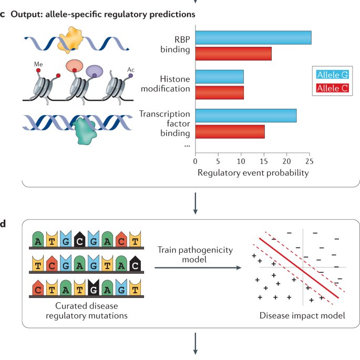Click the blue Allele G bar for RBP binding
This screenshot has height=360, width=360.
[x=253, y=37]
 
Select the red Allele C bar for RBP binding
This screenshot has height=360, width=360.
[x=233, y=54]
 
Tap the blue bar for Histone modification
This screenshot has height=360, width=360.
[x=219, y=77]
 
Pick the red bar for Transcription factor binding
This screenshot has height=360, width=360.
[x=230, y=131]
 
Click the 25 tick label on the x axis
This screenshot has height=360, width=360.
[x=311, y=161]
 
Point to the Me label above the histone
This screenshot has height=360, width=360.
[x=38, y=63]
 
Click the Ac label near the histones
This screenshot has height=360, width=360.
[x=131, y=69]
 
